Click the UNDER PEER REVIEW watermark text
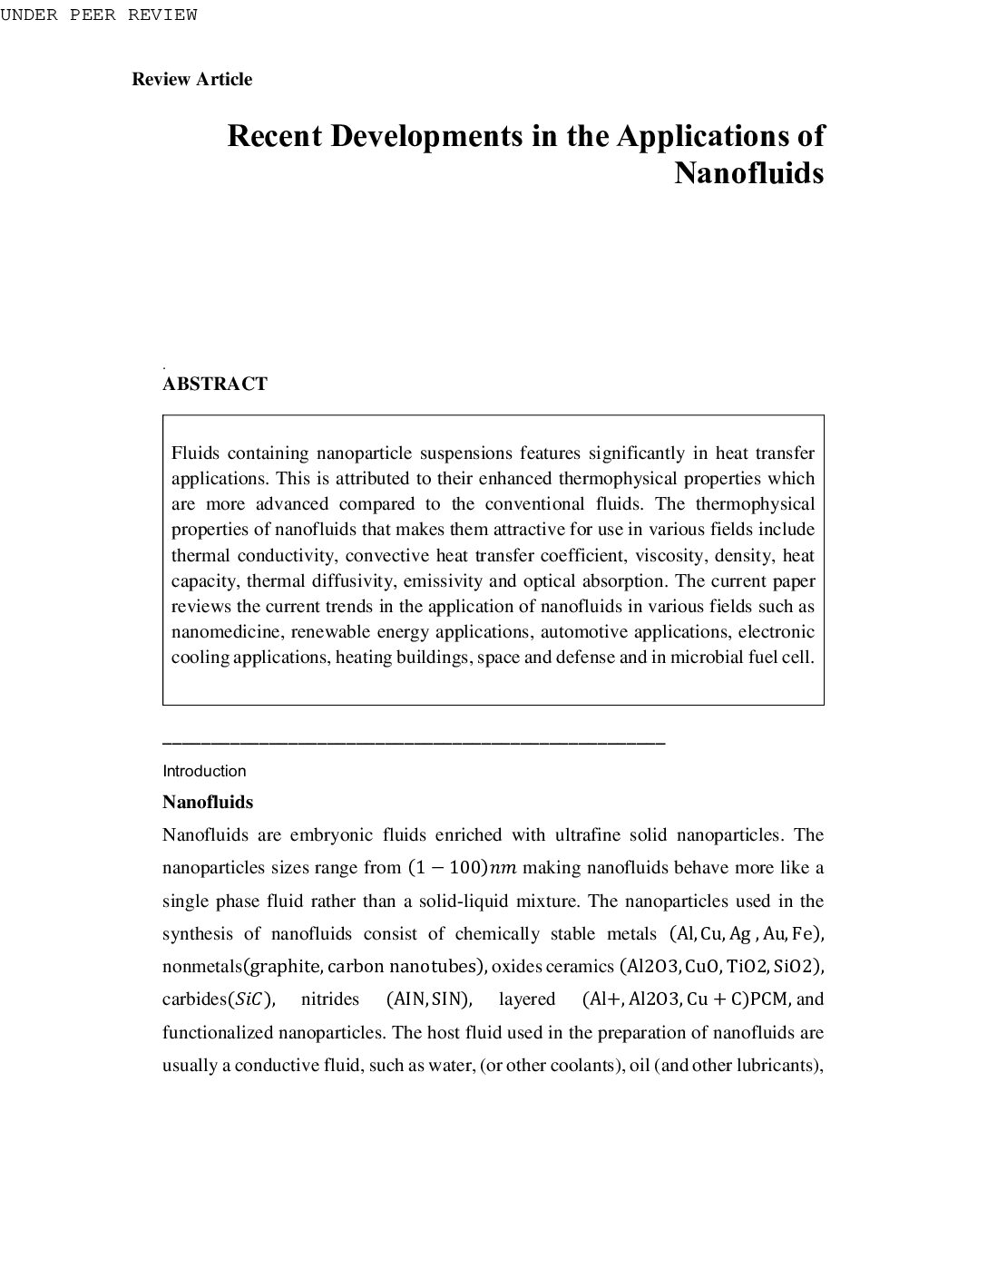pos(98,15)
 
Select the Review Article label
pos(191,79)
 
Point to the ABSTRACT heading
pos(215,384)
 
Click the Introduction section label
pos(204,771)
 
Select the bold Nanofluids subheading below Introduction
pos(208,802)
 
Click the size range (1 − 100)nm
pos(462,868)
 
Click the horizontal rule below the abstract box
pos(414,743)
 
